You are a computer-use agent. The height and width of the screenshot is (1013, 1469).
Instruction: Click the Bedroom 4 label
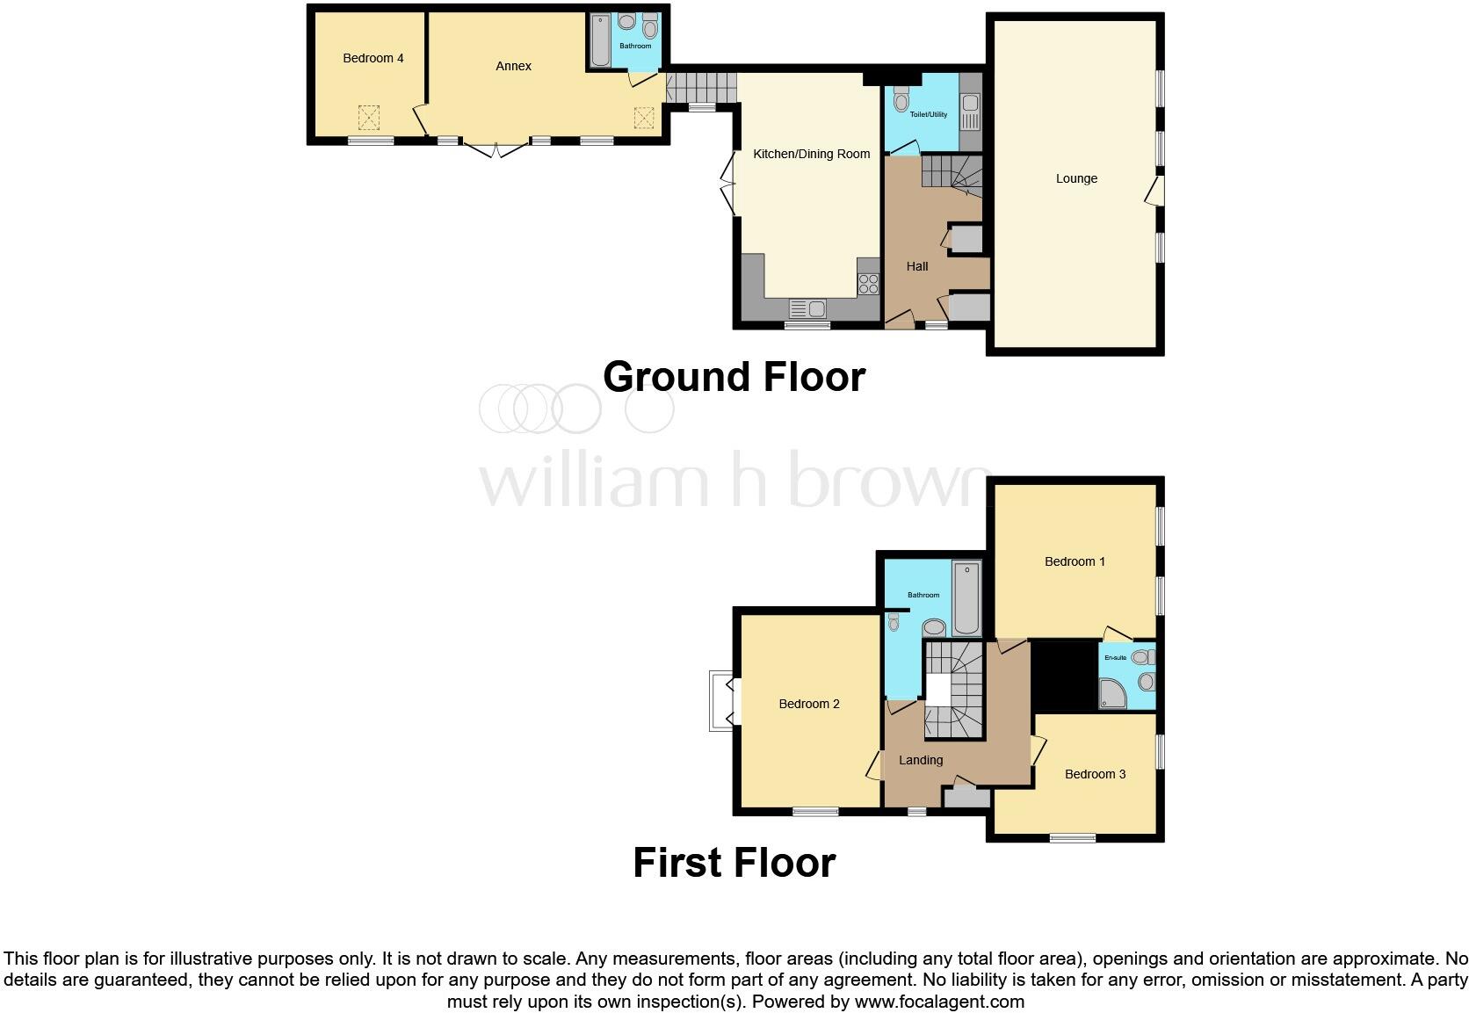tap(373, 58)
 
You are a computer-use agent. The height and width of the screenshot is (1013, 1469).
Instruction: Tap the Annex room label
tap(513, 66)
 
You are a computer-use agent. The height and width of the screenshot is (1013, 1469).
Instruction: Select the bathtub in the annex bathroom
tap(601, 41)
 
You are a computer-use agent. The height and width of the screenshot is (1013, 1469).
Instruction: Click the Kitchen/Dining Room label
tap(811, 154)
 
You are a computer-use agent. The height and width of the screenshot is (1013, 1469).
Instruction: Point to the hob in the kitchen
tap(868, 284)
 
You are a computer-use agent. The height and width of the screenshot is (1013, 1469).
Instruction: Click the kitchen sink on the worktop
tap(808, 308)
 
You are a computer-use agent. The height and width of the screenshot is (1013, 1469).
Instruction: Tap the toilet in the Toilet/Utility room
tap(901, 102)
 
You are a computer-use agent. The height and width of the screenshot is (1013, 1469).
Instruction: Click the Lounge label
tap(1076, 178)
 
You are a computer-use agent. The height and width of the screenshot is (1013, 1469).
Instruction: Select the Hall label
tap(916, 266)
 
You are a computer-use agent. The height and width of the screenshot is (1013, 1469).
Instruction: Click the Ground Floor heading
tap(734, 377)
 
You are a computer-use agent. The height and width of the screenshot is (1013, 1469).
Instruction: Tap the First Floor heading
tap(734, 863)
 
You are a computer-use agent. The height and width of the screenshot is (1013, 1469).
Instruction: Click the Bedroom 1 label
tap(1075, 561)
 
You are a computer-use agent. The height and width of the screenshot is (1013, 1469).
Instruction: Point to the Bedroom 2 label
tap(808, 704)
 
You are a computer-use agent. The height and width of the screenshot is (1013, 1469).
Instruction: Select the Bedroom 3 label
tap(1095, 774)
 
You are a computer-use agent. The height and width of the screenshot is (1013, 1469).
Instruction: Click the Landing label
tap(920, 760)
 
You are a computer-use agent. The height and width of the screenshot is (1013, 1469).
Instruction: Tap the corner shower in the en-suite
tap(1114, 694)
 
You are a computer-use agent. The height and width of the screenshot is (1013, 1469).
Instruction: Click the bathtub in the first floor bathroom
tap(966, 597)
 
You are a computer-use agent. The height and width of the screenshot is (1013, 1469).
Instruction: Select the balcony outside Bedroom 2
tap(721, 701)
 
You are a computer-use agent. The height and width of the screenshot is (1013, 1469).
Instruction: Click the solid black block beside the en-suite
tap(1064, 675)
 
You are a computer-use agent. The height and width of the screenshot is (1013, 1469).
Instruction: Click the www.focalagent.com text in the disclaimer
tap(939, 1002)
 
